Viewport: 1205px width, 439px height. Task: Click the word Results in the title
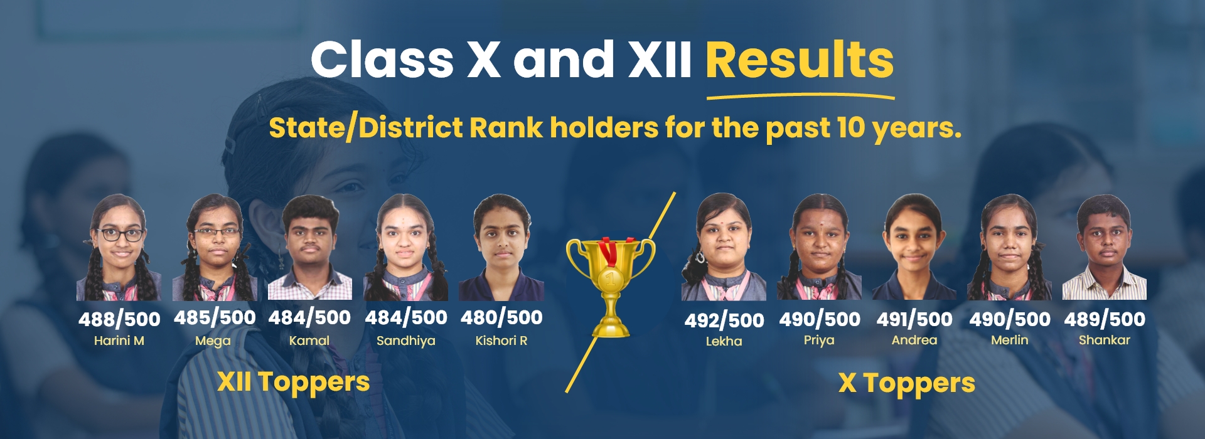coord(800,60)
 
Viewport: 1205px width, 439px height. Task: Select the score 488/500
coord(119,319)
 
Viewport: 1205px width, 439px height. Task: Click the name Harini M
coord(119,341)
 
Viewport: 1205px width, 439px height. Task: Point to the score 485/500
coord(215,318)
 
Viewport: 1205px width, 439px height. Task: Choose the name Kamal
coord(309,341)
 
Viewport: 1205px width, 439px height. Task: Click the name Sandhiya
coord(405,341)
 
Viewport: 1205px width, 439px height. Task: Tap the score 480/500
coord(501,318)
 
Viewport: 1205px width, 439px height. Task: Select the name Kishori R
coord(501,341)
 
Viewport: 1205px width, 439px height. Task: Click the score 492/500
coord(724,320)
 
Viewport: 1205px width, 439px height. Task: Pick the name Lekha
coord(724,341)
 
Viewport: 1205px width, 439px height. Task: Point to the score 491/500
coord(914,319)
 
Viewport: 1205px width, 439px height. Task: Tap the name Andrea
coord(914,340)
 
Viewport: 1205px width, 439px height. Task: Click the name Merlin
coord(1010,340)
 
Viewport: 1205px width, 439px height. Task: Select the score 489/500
coord(1105,319)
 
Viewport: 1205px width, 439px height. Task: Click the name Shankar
coord(1105,340)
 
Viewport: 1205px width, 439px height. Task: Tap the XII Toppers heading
coord(294,383)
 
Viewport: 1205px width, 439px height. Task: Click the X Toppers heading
coord(907,384)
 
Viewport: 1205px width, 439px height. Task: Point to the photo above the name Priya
coord(819,247)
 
